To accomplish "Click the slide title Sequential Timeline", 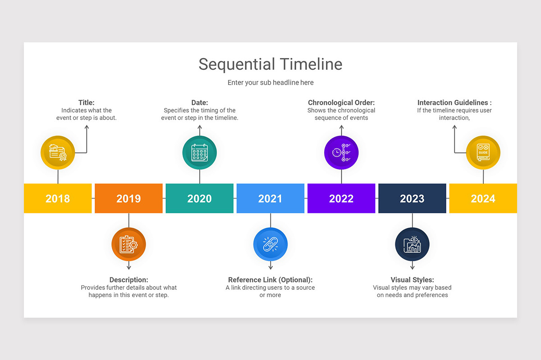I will pos(270,64).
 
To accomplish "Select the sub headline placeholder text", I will pos(270,82).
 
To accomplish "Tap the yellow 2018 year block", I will pos(58,198).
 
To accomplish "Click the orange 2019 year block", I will pos(128,198).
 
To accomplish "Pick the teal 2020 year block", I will pos(199,198).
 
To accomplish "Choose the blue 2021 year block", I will pos(270,198).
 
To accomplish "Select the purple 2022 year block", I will pos(341,198).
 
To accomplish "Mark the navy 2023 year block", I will pos(412,198).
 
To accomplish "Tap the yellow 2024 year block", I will pos(483,198).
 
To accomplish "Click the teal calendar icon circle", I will pos(199,153).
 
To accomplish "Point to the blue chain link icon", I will pos(270,244).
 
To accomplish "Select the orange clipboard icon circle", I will pos(128,244).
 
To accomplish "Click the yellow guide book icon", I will pos(483,153).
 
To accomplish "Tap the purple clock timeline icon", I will pos(341,153).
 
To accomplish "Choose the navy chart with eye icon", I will pos(412,244).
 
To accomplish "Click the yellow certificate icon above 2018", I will pos(58,153).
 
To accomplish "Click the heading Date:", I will pos(199,103).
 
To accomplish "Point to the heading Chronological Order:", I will pos(341,103).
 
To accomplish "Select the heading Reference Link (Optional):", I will pos(270,280).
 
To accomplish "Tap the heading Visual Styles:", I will pos(412,280).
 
